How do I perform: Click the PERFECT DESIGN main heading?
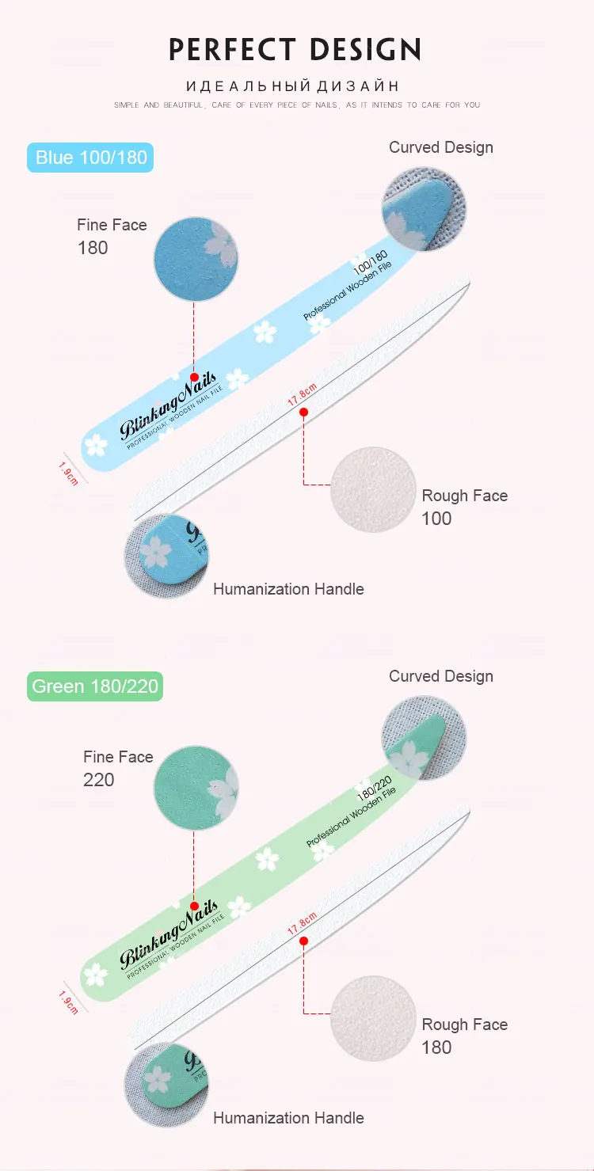point(295,50)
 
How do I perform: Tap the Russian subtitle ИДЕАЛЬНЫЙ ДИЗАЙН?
point(293,86)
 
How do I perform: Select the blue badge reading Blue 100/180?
point(90,158)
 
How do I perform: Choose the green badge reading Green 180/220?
point(95,686)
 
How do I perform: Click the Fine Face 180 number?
point(93,248)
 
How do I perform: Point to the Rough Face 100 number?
point(436,519)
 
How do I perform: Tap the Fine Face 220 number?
point(99,780)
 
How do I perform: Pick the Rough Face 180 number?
point(436,1047)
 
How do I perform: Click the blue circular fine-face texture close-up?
point(196,259)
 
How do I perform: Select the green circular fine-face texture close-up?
point(196,789)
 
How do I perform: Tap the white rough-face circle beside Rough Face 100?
point(373,490)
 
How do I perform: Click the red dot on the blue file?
point(195,377)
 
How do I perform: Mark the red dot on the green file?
point(195,906)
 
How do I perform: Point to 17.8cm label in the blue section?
point(303,394)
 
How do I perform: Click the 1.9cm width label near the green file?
point(68,1002)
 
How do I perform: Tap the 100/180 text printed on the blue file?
point(370,262)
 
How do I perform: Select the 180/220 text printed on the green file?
point(375,789)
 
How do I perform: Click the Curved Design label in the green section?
point(441,676)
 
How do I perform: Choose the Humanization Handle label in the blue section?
point(288,589)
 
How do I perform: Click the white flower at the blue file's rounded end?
point(96,446)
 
